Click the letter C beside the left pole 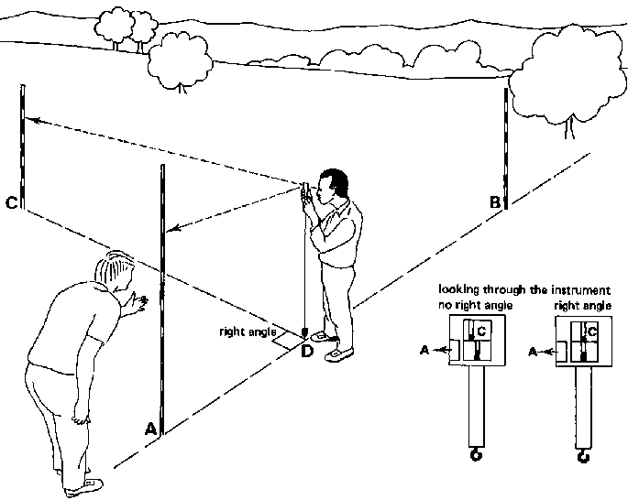11,203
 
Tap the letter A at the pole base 150,427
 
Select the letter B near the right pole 494,203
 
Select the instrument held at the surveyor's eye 305,192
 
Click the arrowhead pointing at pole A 173,232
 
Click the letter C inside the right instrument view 592,330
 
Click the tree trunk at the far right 571,127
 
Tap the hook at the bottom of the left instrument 476,454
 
